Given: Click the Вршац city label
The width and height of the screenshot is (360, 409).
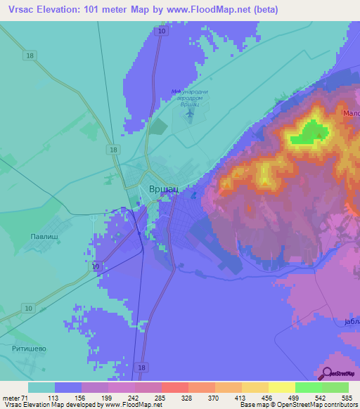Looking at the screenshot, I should [165, 189].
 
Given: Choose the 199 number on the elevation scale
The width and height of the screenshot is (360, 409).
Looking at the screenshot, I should [108, 397].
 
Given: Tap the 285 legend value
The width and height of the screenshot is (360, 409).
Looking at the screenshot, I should [161, 397].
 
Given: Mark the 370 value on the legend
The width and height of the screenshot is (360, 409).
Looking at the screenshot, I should [214, 397].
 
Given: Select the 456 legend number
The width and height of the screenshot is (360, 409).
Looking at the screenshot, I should [268, 397].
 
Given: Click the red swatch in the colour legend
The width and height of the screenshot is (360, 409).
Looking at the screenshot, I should [174, 387].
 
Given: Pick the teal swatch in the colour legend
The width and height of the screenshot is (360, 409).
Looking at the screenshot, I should [41, 387].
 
